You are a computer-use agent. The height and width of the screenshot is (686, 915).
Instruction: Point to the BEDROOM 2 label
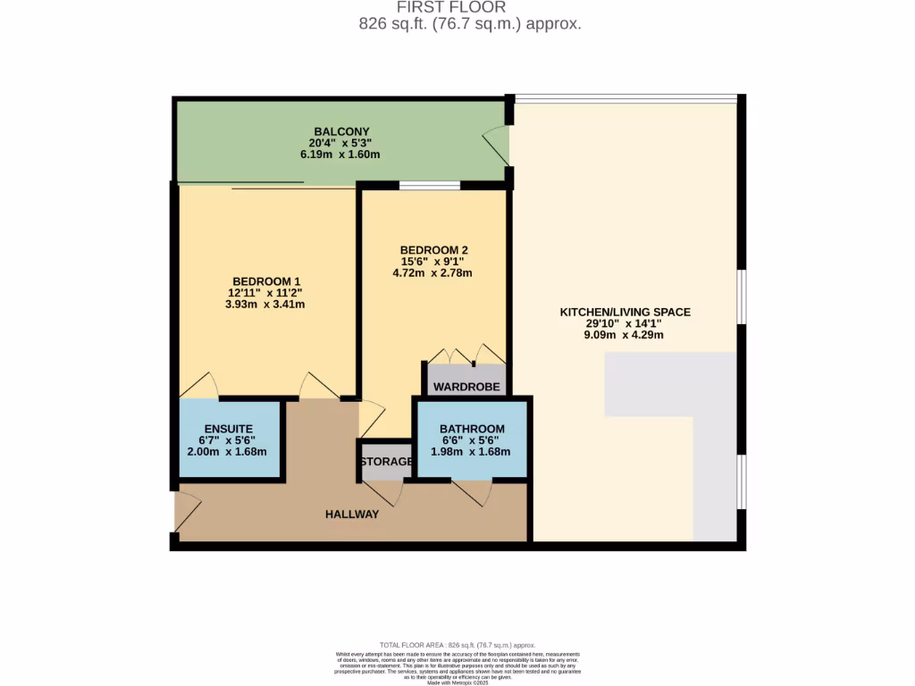[x=434, y=250]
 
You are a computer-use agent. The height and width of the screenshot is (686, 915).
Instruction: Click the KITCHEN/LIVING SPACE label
[x=625, y=312]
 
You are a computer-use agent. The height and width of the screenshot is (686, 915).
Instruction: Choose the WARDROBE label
[x=466, y=387]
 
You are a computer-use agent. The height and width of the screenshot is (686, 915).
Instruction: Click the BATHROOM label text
[x=472, y=429]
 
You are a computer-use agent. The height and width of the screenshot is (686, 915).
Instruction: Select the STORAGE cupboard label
[x=386, y=462]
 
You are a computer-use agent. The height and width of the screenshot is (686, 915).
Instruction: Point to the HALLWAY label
[x=352, y=514]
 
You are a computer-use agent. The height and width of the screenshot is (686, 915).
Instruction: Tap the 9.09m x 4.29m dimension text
[x=625, y=335]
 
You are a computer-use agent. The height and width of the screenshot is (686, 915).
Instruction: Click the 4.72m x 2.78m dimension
[x=434, y=273]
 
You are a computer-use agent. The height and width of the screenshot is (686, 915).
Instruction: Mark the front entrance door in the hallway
[x=189, y=511]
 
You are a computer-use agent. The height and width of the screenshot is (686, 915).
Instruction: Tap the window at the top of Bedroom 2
[x=430, y=186]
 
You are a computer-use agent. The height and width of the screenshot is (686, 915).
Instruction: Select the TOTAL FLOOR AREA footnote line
[x=457, y=644]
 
